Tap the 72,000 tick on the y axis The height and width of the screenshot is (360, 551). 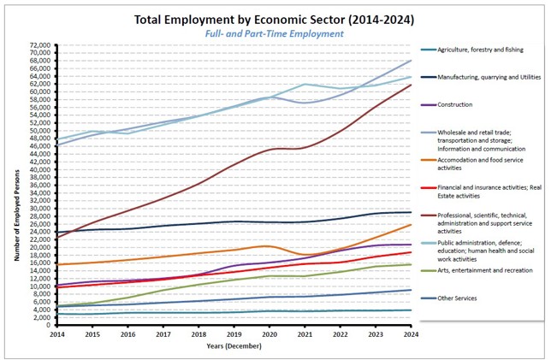(39, 45)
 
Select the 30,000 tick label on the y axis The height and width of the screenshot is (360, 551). (39, 208)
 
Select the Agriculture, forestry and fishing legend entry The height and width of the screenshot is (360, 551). (479, 50)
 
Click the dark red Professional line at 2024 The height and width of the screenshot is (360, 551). (411, 85)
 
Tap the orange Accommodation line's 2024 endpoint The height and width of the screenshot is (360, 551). (411, 225)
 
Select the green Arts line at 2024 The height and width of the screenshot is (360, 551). (411, 264)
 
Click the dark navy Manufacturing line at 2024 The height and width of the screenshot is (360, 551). (411, 212)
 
